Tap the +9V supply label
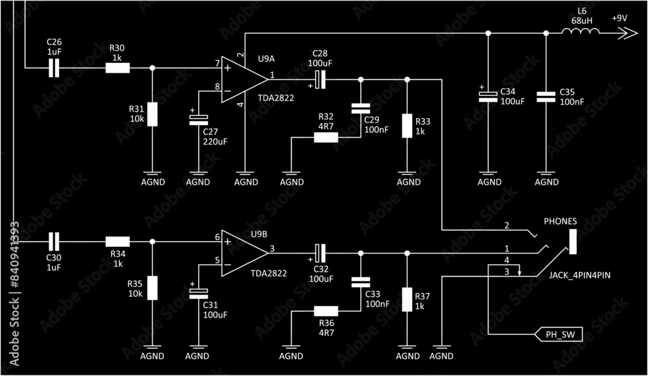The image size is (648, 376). (x=619, y=18)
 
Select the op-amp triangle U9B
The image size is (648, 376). (x=242, y=253)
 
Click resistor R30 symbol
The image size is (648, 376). (x=118, y=67)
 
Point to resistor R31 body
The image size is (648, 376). (x=152, y=114)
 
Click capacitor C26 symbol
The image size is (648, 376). (x=54, y=67)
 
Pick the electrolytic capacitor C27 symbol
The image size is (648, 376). (x=198, y=119)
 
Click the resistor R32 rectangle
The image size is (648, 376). (x=326, y=137)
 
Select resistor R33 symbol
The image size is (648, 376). (x=407, y=125)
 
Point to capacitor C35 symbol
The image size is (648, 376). (x=546, y=97)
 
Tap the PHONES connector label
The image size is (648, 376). (x=560, y=221)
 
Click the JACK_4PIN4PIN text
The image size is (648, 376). (x=580, y=276)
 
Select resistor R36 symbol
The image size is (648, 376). (x=326, y=311)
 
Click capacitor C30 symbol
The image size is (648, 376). (x=54, y=242)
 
